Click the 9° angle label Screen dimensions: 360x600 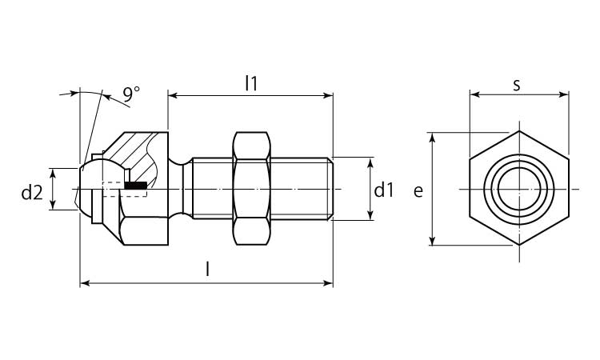click(131, 94)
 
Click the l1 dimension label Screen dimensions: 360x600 click(250, 82)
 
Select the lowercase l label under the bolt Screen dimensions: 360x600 click(207, 270)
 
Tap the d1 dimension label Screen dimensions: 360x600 click(384, 190)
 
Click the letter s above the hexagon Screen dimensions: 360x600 click(517, 83)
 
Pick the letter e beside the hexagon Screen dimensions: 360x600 click(417, 190)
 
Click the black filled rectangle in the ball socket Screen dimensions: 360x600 click(136, 186)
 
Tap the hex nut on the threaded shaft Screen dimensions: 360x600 click(250, 190)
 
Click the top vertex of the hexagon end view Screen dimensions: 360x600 click(518, 131)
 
